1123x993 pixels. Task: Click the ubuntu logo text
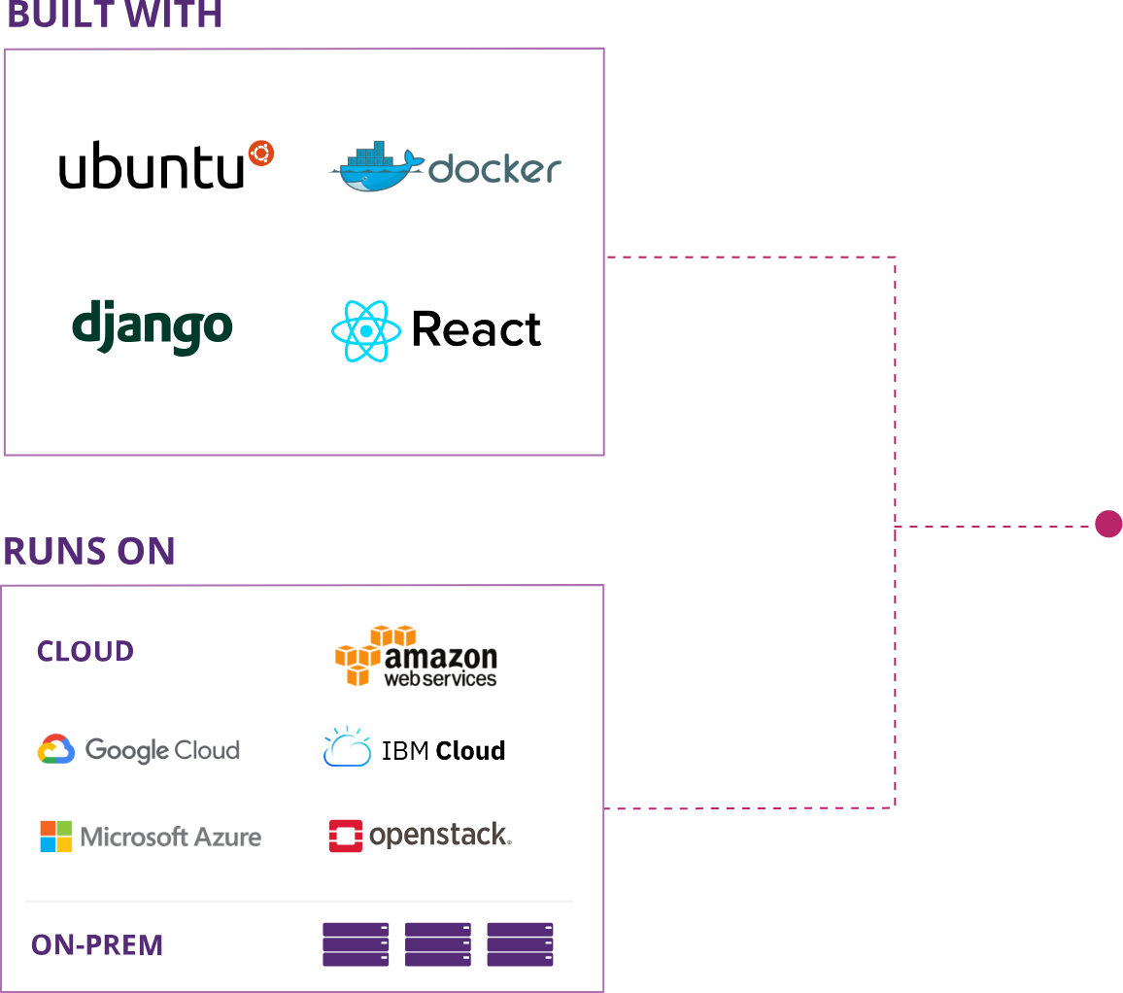(151, 167)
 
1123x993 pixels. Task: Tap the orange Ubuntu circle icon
(260, 153)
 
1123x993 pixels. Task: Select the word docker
(494, 169)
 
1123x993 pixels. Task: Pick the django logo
(153, 327)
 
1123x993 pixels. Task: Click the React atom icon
(366, 331)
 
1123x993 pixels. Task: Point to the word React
(476, 330)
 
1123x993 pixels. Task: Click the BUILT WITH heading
(114, 15)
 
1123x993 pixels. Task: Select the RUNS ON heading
(88, 551)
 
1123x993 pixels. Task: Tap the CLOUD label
(85, 651)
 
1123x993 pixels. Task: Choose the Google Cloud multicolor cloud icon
(56, 749)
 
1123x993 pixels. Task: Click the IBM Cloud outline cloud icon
(347, 748)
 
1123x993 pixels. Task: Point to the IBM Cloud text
(443, 751)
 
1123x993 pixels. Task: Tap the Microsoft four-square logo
(56, 837)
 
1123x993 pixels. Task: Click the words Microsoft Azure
(171, 837)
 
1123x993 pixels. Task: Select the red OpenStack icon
(346, 836)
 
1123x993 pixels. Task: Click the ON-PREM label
(97, 944)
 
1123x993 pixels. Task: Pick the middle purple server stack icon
(438, 944)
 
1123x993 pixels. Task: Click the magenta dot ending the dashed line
(1108, 525)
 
